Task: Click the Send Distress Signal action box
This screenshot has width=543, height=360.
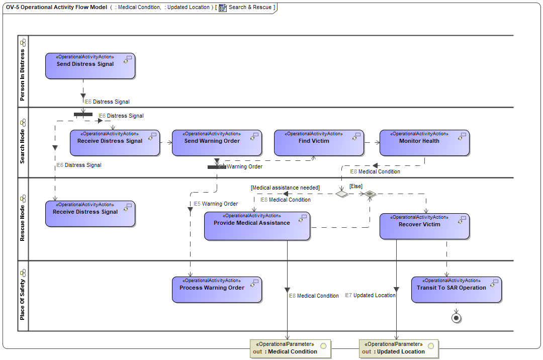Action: pyautogui.click(x=90, y=66)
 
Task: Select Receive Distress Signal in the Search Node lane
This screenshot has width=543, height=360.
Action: pyautogui.click(x=115, y=143)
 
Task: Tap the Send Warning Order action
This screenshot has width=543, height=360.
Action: pyautogui.click(x=217, y=143)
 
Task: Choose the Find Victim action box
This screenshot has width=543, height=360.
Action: pyautogui.click(x=319, y=143)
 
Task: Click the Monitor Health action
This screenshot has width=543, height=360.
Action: pyautogui.click(x=424, y=143)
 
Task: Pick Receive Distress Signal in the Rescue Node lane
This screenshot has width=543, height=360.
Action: pyautogui.click(x=90, y=214)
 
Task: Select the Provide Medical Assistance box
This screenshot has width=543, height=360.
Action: pyautogui.click(x=257, y=226)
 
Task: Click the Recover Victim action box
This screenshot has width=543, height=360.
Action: pyautogui.click(x=424, y=226)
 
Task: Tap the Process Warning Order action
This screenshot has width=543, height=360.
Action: pyautogui.click(x=217, y=290)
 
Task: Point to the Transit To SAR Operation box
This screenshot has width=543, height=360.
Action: pyautogui.click(x=457, y=290)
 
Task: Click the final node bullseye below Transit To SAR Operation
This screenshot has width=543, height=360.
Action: pyautogui.click(x=457, y=318)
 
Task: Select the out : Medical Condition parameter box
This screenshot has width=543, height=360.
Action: pyautogui.click(x=290, y=349)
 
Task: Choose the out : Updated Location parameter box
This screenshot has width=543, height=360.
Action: pyautogui.click(x=399, y=349)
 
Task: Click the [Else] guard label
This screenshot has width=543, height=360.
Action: pyautogui.click(x=355, y=186)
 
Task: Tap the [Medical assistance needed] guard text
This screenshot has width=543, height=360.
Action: pyautogui.click(x=285, y=188)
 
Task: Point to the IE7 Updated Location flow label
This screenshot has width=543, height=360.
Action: pyautogui.click(x=370, y=295)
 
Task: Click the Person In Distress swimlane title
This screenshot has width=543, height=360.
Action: pyautogui.click(x=23, y=75)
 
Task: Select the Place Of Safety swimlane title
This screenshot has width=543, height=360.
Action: pyautogui.click(x=23, y=300)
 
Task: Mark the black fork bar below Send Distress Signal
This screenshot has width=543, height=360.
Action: pyautogui.click(x=83, y=114)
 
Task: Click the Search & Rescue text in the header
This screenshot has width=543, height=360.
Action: pyautogui.click(x=250, y=7)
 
